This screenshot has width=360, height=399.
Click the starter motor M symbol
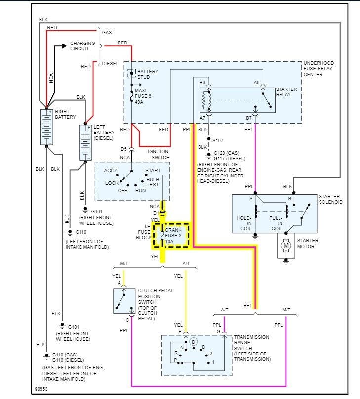[x=286, y=245]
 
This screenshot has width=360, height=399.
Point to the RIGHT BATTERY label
[x=66, y=114]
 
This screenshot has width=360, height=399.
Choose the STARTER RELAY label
[x=286, y=91]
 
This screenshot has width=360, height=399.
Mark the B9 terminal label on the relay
[x=202, y=83]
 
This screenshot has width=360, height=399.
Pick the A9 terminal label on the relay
[x=256, y=83]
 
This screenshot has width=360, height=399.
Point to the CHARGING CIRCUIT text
[x=82, y=46]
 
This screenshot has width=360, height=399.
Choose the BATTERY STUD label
[x=148, y=74]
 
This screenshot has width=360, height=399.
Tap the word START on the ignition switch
[x=153, y=171]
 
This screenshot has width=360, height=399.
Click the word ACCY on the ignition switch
[x=111, y=171]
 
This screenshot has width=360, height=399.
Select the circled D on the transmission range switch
[x=194, y=341]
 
